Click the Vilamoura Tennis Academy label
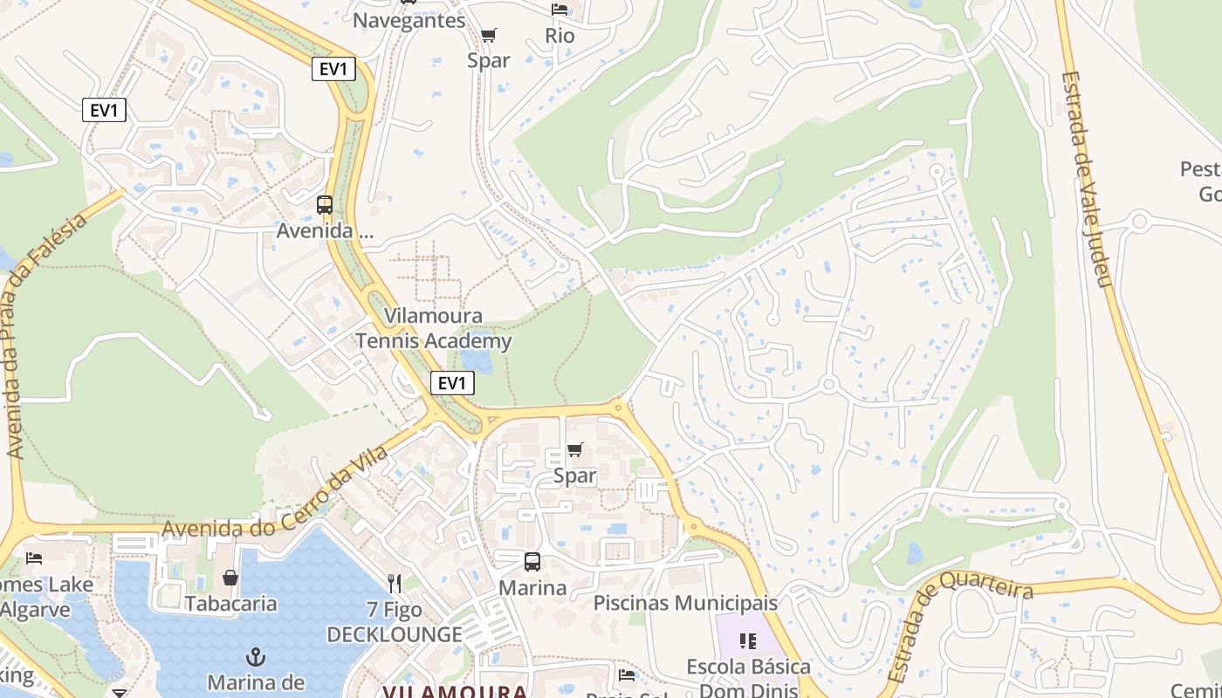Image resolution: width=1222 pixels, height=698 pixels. click(433, 329)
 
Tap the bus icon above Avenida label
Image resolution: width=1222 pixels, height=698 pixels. click(325, 205)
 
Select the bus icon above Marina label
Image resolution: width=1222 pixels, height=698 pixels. click(532, 562)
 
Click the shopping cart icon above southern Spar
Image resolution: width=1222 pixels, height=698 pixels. click(574, 450)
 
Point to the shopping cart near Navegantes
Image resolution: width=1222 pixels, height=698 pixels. click(489, 35)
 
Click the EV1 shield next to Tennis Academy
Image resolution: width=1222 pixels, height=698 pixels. click(452, 382)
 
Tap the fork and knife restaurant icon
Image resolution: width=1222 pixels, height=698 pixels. click(395, 583)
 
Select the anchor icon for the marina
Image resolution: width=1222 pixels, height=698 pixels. click(255, 656)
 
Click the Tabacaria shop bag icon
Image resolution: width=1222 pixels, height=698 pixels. click(230, 578)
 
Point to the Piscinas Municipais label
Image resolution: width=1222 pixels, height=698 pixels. click(685, 603)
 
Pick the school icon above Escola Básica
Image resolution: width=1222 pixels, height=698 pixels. click(748, 642)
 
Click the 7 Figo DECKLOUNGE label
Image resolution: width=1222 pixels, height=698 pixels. click(395, 622)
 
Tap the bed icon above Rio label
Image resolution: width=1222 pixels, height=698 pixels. click(560, 10)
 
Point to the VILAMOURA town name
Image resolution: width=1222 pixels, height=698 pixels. click(455, 690)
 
